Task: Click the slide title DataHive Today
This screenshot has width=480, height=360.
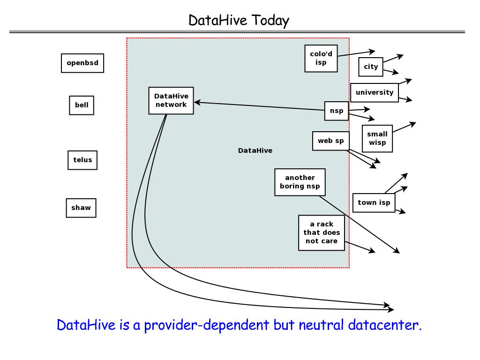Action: tap(239, 20)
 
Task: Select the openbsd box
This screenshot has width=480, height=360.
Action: tap(82, 63)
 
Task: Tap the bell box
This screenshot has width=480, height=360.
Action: tap(82, 105)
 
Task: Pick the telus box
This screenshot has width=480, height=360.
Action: tap(82, 160)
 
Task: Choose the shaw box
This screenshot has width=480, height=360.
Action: tap(81, 208)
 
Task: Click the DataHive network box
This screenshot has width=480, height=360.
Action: tap(171, 100)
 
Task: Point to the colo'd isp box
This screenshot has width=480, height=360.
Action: tap(321, 58)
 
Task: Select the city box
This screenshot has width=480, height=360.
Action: tap(371, 67)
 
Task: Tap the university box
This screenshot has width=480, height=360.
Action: tap(375, 92)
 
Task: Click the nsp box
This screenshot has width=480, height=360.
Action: tap(337, 111)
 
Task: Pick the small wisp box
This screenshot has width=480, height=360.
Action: tap(377, 139)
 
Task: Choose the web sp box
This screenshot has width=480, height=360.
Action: tap(330, 141)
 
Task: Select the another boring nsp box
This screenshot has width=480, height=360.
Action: tap(300, 182)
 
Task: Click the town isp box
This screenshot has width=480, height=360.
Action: tap(374, 202)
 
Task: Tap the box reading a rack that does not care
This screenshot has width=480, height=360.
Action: tap(322, 232)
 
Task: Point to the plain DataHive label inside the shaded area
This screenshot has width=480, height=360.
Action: tap(255, 150)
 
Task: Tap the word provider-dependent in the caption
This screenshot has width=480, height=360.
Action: tap(206, 325)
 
